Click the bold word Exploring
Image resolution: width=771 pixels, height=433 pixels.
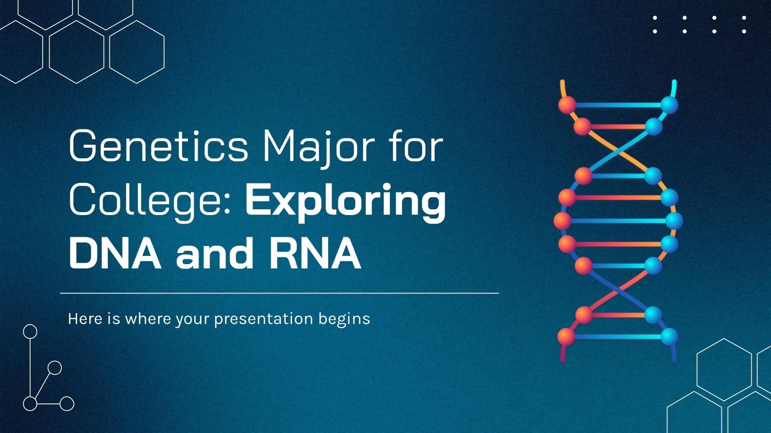point(346,201)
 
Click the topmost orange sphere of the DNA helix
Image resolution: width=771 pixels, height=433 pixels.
point(567,104)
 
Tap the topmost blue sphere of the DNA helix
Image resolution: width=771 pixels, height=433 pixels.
point(669,104)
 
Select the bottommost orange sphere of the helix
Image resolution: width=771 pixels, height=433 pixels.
point(567,336)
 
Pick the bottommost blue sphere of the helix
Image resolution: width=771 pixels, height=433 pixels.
point(669,336)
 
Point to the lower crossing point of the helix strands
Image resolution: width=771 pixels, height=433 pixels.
point(618,290)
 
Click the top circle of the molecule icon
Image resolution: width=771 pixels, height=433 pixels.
point(30,331)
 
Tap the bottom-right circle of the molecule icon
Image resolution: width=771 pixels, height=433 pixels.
point(67,403)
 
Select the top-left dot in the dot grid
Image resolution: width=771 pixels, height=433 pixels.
point(655,18)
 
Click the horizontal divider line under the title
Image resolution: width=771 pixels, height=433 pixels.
point(279,293)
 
